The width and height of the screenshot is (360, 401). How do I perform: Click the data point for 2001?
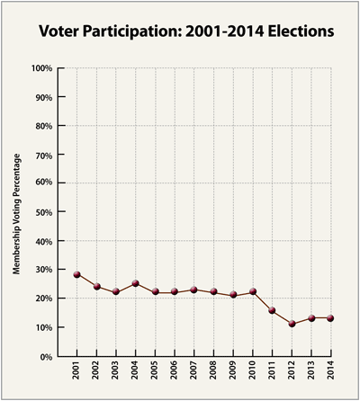[77, 274]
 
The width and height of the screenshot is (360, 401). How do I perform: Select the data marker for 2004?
[136, 283]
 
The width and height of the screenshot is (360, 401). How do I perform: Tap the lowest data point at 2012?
[292, 324]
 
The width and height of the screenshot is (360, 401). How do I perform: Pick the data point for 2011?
[273, 310]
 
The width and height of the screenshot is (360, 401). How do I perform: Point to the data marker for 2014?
[331, 318]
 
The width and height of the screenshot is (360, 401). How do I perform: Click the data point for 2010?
[253, 291]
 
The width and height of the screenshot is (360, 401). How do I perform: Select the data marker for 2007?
[194, 290]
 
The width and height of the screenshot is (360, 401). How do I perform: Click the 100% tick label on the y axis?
[41, 68]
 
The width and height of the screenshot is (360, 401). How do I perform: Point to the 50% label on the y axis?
[43, 212]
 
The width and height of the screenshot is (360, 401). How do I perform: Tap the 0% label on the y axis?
[46, 357]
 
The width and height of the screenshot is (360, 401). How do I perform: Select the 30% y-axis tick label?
[43, 270]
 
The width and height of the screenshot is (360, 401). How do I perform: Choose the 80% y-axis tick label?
[43, 126]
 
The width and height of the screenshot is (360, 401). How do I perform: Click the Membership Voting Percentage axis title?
[16, 213]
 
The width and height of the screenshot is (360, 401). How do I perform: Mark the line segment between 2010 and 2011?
[263, 301]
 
